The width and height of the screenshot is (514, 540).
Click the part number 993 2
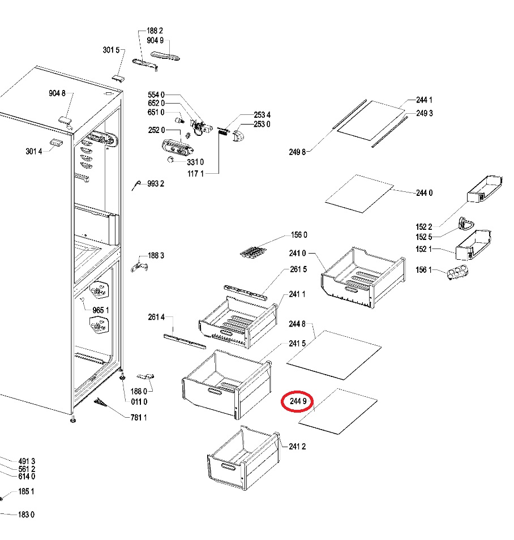point(156,183)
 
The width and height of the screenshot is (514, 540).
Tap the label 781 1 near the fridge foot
point(139,418)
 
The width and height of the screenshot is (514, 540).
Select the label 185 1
point(26,491)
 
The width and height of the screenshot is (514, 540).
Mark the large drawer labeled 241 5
point(225,384)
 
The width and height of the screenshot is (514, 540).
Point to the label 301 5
point(112,50)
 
